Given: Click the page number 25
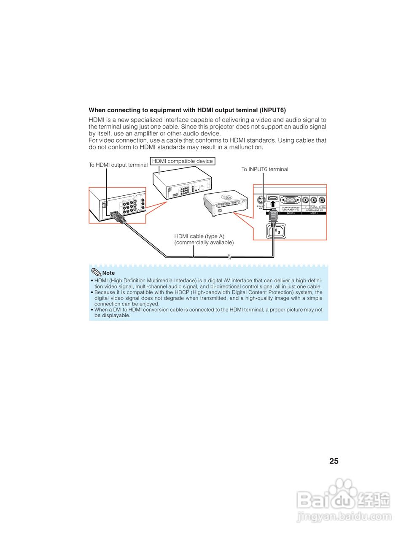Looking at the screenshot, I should click(x=334, y=461).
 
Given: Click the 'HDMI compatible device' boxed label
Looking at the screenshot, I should click(x=182, y=161).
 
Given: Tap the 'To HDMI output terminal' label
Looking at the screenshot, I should click(x=118, y=165).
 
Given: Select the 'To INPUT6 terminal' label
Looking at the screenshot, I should click(x=265, y=169).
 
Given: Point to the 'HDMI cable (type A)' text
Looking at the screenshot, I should click(x=199, y=236).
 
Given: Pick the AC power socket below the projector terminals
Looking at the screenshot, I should click(x=275, y=231).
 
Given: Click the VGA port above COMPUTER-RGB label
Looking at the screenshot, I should click(x=290, y=200).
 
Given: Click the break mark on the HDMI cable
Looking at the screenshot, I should click(x=229, y=256).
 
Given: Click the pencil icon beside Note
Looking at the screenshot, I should click(x=96, y=272).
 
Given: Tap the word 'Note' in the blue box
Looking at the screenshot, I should click(x=108, y=273).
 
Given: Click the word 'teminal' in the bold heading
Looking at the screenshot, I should click(x=245, y=110).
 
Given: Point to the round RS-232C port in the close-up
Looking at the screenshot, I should click(x=261, y=200).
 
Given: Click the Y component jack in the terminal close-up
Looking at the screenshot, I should click(x=305, y=200).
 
